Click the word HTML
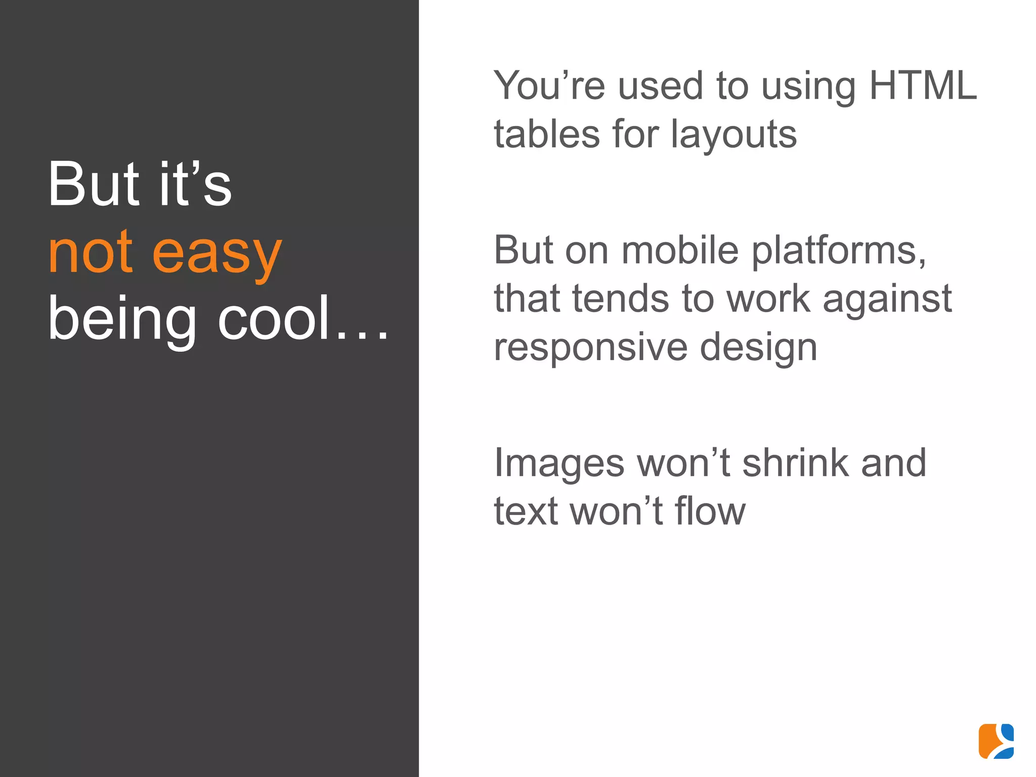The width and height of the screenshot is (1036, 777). pos(923,85)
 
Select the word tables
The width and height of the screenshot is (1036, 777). pos(547,134)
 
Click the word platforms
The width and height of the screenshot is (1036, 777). pos(839,251)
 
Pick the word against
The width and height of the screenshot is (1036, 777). pos(887,299)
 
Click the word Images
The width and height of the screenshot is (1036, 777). pos(559,463)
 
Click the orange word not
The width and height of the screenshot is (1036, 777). pos(91,252)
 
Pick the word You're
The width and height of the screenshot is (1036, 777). pos(549,85)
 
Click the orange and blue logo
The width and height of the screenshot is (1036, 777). pos(996,741)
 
